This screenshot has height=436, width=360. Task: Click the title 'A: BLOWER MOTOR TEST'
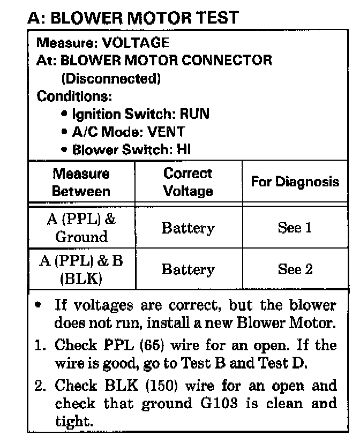pyautogui.click(x=133, y=18)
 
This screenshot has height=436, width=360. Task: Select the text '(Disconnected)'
pyautogui.click(x=111, y=79)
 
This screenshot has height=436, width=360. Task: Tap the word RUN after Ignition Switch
pyautogui.click(x=194, y=114)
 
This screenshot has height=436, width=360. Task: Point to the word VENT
pyautogui.click(x=166, y=132)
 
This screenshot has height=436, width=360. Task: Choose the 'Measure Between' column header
pyautogui.click(x=81, y=182)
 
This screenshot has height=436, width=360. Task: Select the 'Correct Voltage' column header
pyautogui.click(x=187, y=182)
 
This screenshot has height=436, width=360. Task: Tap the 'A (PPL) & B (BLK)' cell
pyautogui.click(x=81, y=270)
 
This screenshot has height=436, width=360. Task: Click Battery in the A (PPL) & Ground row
pyautogui.click(x=187, y=228)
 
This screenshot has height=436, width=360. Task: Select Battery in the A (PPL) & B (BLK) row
pyautogui.click(x=187, y=270)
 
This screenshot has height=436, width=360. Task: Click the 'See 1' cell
pyautogui.click(x=295, y=228)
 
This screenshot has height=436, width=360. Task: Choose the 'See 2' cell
pyautogui.click(x=295, y=269)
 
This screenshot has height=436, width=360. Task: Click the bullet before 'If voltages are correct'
pyautogui.click(x=38, y=306)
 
